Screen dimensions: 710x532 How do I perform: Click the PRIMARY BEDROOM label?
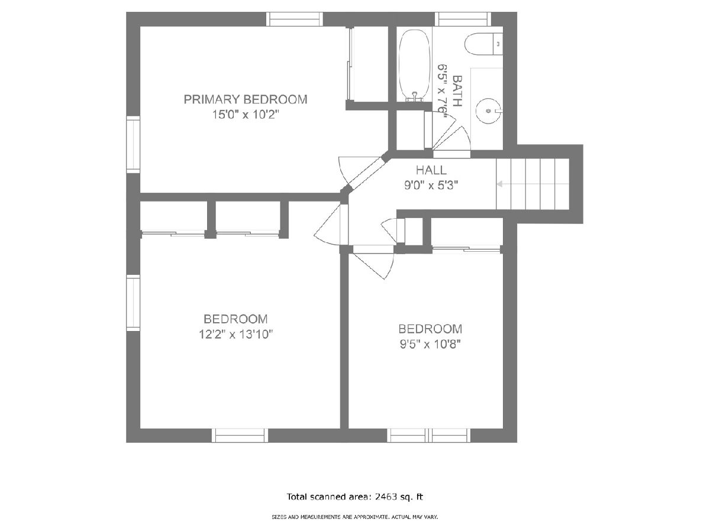coord(246,99)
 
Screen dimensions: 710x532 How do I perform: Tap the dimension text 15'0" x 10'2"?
coord(245,115)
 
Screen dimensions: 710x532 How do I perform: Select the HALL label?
coord(431,170)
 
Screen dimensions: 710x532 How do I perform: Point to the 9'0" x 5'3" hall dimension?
coord(431,186)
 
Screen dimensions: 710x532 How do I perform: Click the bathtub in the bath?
coord(415,66)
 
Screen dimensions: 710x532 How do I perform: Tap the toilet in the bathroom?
coord(483,44)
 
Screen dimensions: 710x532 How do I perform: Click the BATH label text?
coord(457,91)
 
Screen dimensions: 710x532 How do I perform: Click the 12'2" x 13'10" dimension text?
coord(236,335)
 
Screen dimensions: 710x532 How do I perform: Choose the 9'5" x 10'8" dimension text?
coord(430,345)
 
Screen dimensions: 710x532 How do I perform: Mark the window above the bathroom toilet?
coord(463,19)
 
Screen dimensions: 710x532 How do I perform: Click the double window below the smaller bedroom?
coord(428,436)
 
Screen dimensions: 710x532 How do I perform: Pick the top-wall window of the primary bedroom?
coord(295,19)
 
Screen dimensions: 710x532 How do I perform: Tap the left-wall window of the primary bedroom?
coord(133,144)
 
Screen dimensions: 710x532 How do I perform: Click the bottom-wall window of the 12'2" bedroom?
coord(240,436)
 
